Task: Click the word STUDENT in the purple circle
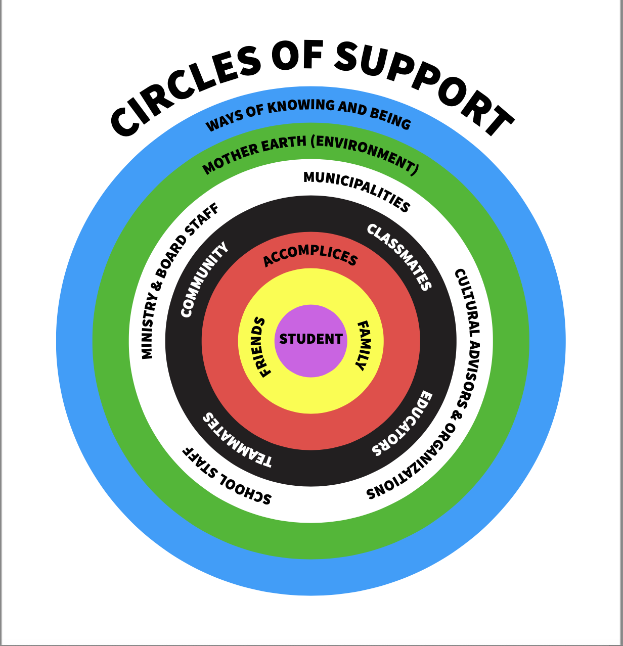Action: point(311,339)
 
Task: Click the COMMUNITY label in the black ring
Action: point(204,280)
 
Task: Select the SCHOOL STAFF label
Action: point(227,476)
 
